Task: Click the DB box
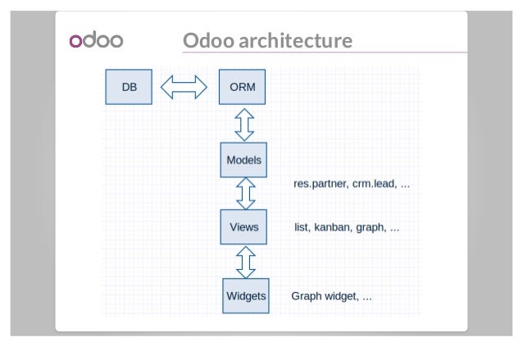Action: click(x=129, y=87)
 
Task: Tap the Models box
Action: click(x=243, y=160)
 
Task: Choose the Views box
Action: click(x=243, y=227)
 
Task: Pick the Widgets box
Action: click(x=246, y=296)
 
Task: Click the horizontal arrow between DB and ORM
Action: click(x=185, y=87)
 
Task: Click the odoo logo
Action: click(x=96, y=41)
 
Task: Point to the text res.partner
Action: click(x=321, y=185)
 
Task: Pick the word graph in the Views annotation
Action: click(x=371, y=227)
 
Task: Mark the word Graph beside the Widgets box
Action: click(x=306, y=296)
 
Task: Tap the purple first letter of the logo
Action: click(x=75, y=42)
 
